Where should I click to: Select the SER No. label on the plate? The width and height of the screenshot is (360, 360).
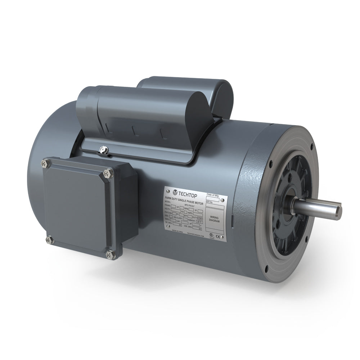pos(210,203)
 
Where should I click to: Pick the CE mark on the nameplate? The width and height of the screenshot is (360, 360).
pos(217,237)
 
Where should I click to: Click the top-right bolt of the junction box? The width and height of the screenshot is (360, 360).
pos(107,174)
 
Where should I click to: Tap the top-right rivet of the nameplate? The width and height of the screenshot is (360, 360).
pos(222,200)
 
